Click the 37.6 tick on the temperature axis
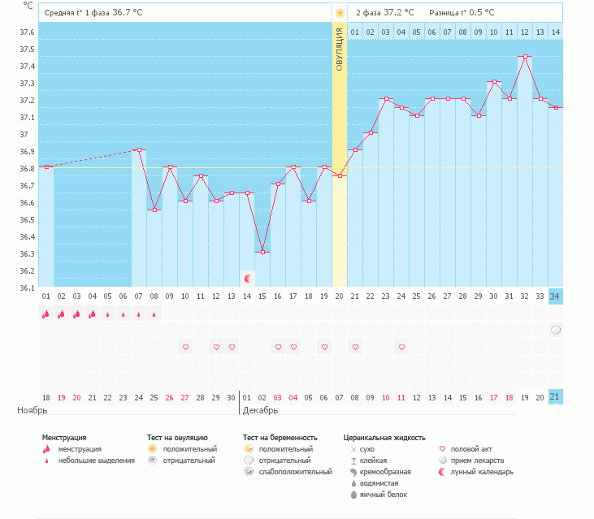point(27,32)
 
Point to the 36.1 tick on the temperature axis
point(27,288)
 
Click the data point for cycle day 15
point(262,253)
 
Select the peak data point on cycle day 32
point(525,57)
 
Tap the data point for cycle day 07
point(139,150)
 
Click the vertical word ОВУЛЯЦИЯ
point(340,49)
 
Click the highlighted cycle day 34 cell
point(555,296)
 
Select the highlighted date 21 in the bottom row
point(555,397)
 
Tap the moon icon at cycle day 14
point(247,279)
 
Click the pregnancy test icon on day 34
point(555,331)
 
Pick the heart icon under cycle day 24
point(401,347)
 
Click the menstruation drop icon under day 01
point(46,314)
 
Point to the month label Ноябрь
point(33,411)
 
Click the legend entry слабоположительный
point(295,472)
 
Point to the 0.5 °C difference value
point(477,13)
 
